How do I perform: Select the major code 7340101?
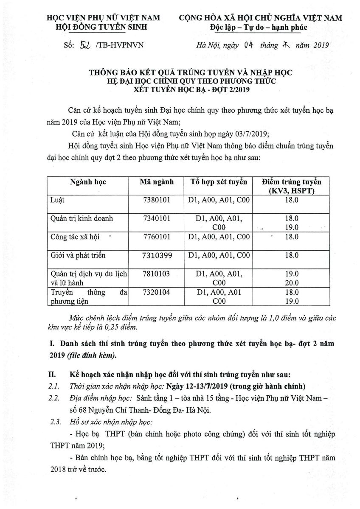tap(157, 218)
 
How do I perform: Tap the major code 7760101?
tap(157, 237)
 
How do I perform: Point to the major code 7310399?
tap(157, 255)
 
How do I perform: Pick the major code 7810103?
tap(157, 274)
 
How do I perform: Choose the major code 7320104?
tap(157, 293)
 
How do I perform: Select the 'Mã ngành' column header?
tap(157, 182)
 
